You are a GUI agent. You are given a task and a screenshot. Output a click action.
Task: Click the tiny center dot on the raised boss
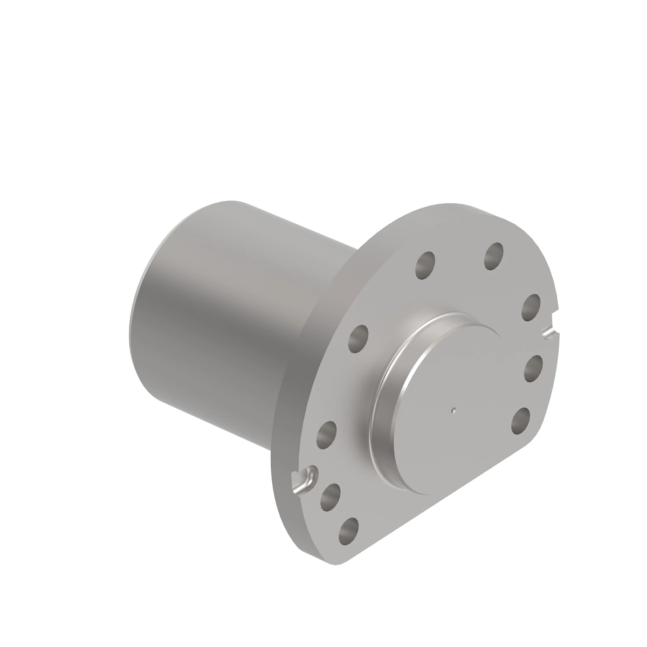[x=455, y=409]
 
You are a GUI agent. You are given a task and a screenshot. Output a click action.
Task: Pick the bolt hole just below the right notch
[x=533, y=368]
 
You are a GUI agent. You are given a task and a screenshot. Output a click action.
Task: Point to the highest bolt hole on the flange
[x=493, y=256]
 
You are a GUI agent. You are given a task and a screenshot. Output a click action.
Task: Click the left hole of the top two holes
[x=425, y=264]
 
